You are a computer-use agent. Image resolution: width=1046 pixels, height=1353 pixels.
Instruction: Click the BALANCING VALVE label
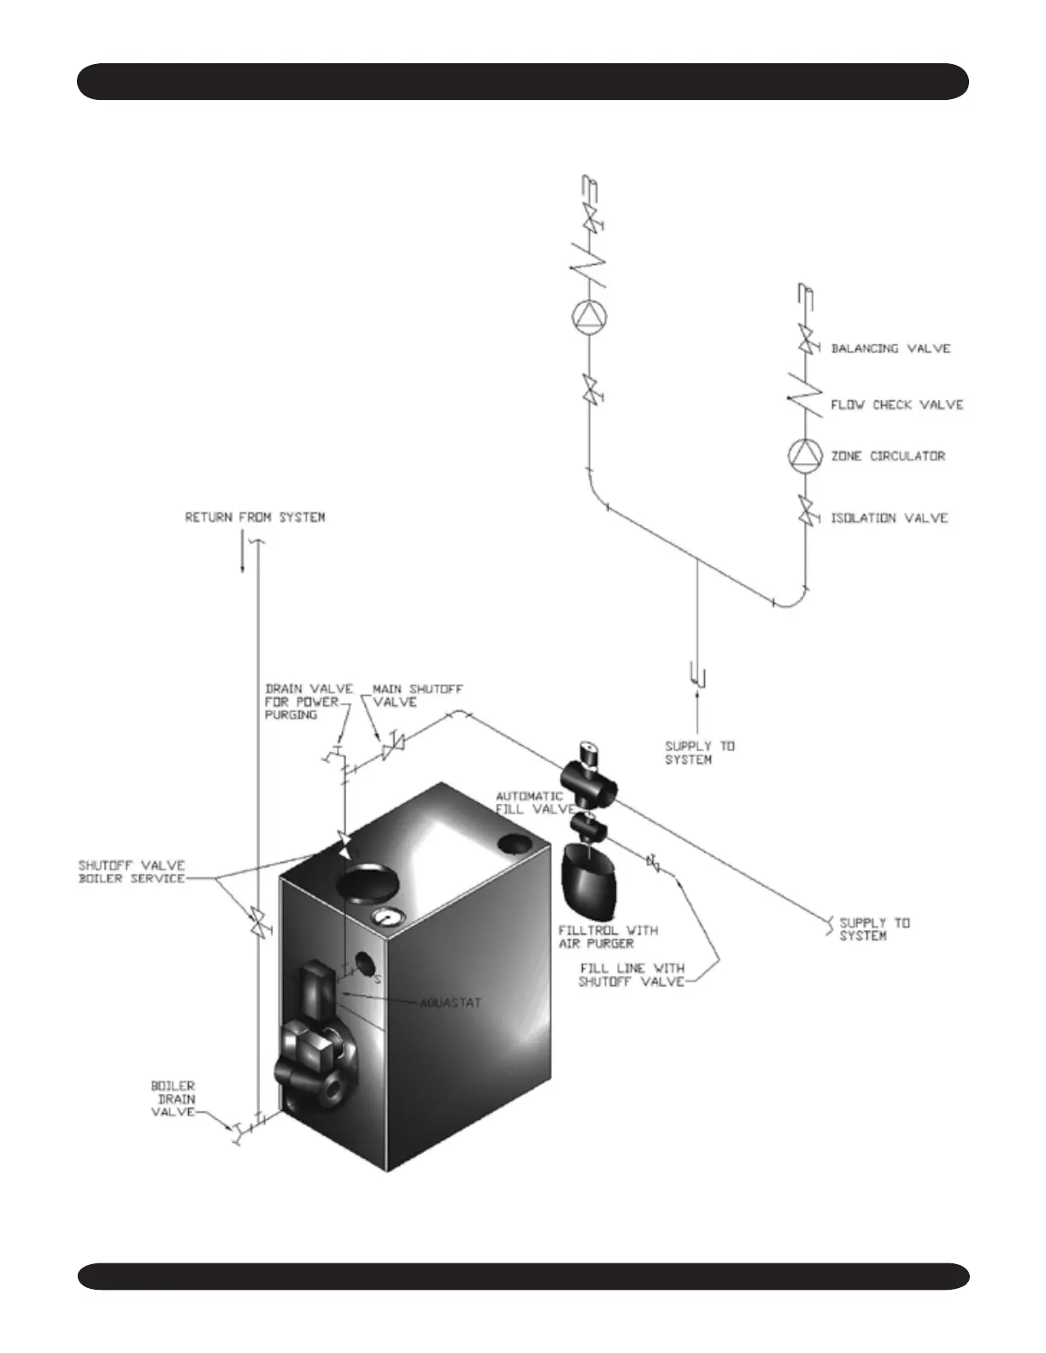[890, 348]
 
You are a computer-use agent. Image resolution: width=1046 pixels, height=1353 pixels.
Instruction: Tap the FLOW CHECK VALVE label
[896, 405]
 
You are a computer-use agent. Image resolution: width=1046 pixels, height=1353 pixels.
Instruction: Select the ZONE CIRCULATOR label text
[888, 456]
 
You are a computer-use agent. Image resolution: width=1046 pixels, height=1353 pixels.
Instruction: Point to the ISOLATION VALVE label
[889, 518]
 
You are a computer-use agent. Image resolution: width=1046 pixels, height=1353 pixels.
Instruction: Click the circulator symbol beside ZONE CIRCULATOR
[804, 456]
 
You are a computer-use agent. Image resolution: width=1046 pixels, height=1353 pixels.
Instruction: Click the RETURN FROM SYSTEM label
[255, 518]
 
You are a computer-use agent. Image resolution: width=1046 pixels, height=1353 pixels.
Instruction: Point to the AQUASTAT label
[450, 1002]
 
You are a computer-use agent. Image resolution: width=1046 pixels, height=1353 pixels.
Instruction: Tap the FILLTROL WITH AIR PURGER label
[608, 936]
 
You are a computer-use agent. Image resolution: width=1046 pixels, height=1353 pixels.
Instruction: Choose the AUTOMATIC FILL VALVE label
[529, 802]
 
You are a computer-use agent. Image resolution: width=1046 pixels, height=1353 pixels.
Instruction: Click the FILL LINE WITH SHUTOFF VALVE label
[632, 975]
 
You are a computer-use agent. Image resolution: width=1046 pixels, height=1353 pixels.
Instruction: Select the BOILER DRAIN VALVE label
[173, 1098]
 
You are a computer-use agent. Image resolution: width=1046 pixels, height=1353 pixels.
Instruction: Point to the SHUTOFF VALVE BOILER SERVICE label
[132, 871]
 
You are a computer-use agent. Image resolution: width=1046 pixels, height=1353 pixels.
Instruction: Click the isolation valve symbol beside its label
[805, 515]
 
